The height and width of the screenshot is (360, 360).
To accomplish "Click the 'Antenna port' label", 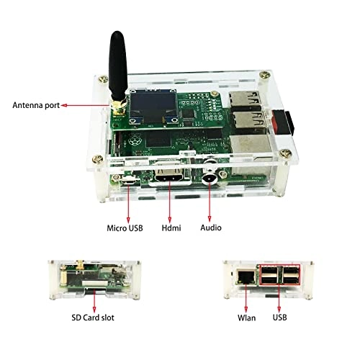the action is (36, 105).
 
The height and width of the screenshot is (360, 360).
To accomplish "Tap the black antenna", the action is (117, 66).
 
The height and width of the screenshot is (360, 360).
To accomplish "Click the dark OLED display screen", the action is (153, 106).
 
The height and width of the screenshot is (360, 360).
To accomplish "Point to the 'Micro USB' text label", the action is (125, 228).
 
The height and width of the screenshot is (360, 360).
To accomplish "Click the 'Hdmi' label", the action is (171, 228).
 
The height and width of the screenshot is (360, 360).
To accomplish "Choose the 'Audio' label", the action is (211, 228).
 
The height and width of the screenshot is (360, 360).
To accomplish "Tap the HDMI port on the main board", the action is (169, 178).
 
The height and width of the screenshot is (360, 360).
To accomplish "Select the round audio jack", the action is (210, 179).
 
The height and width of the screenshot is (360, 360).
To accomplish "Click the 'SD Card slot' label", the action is (93, 318).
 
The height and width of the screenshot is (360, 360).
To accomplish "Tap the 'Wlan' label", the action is (246, 318).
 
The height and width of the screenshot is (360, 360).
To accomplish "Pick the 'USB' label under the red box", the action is (279, 318).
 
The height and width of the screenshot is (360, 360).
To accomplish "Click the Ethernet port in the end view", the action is (246, 277).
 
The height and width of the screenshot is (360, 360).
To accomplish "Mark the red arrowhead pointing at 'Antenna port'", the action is (64, 105).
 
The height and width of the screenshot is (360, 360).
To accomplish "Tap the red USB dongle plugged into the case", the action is (283, 122).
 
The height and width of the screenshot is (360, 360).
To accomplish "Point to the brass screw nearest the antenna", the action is (104, 79).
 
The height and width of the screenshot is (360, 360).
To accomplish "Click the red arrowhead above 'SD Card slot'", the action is (94, 310).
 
